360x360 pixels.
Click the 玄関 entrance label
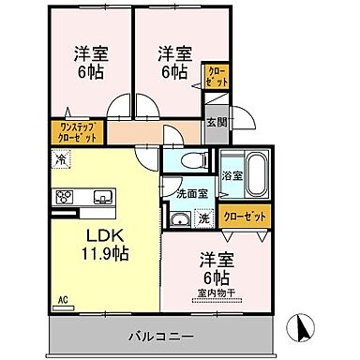216,122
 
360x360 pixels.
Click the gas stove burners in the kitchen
67,197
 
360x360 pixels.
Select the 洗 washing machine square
203,219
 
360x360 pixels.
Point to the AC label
64,300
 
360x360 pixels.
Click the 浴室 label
230,173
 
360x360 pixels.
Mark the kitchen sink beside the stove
101,197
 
